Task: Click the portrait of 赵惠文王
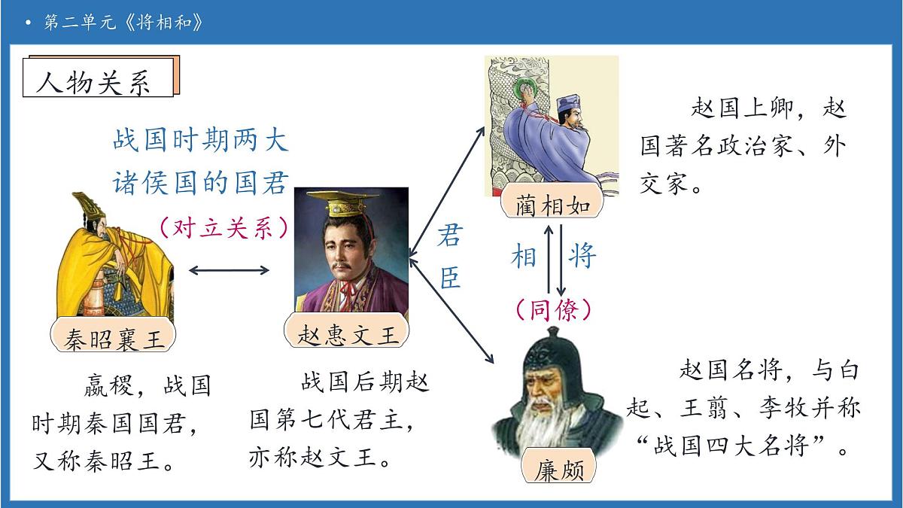(351, 252)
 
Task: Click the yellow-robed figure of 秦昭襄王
(105, 256)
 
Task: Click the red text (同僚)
(553, 309)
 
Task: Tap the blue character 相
(524, 256)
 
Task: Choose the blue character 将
(582, 256)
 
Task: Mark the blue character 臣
(449, 278)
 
